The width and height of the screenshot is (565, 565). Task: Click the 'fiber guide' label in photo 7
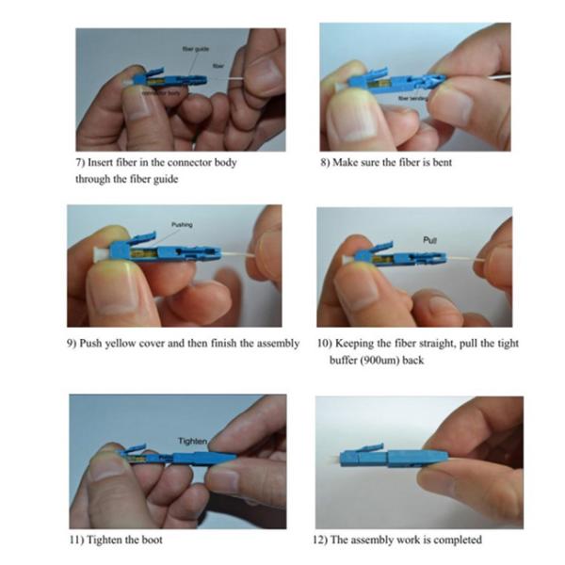(x=196, y=46)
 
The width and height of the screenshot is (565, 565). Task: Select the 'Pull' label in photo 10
(x=432, y=241)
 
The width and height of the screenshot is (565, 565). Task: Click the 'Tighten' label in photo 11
(x=192, y=440)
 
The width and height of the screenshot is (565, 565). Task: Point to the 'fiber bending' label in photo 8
(x=413, y=96)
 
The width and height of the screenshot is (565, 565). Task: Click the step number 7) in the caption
(x=80, y=162)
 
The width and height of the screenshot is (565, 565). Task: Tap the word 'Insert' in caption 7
(x=103, y=162)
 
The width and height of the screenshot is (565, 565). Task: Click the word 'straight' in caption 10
(x=428, y=343)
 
